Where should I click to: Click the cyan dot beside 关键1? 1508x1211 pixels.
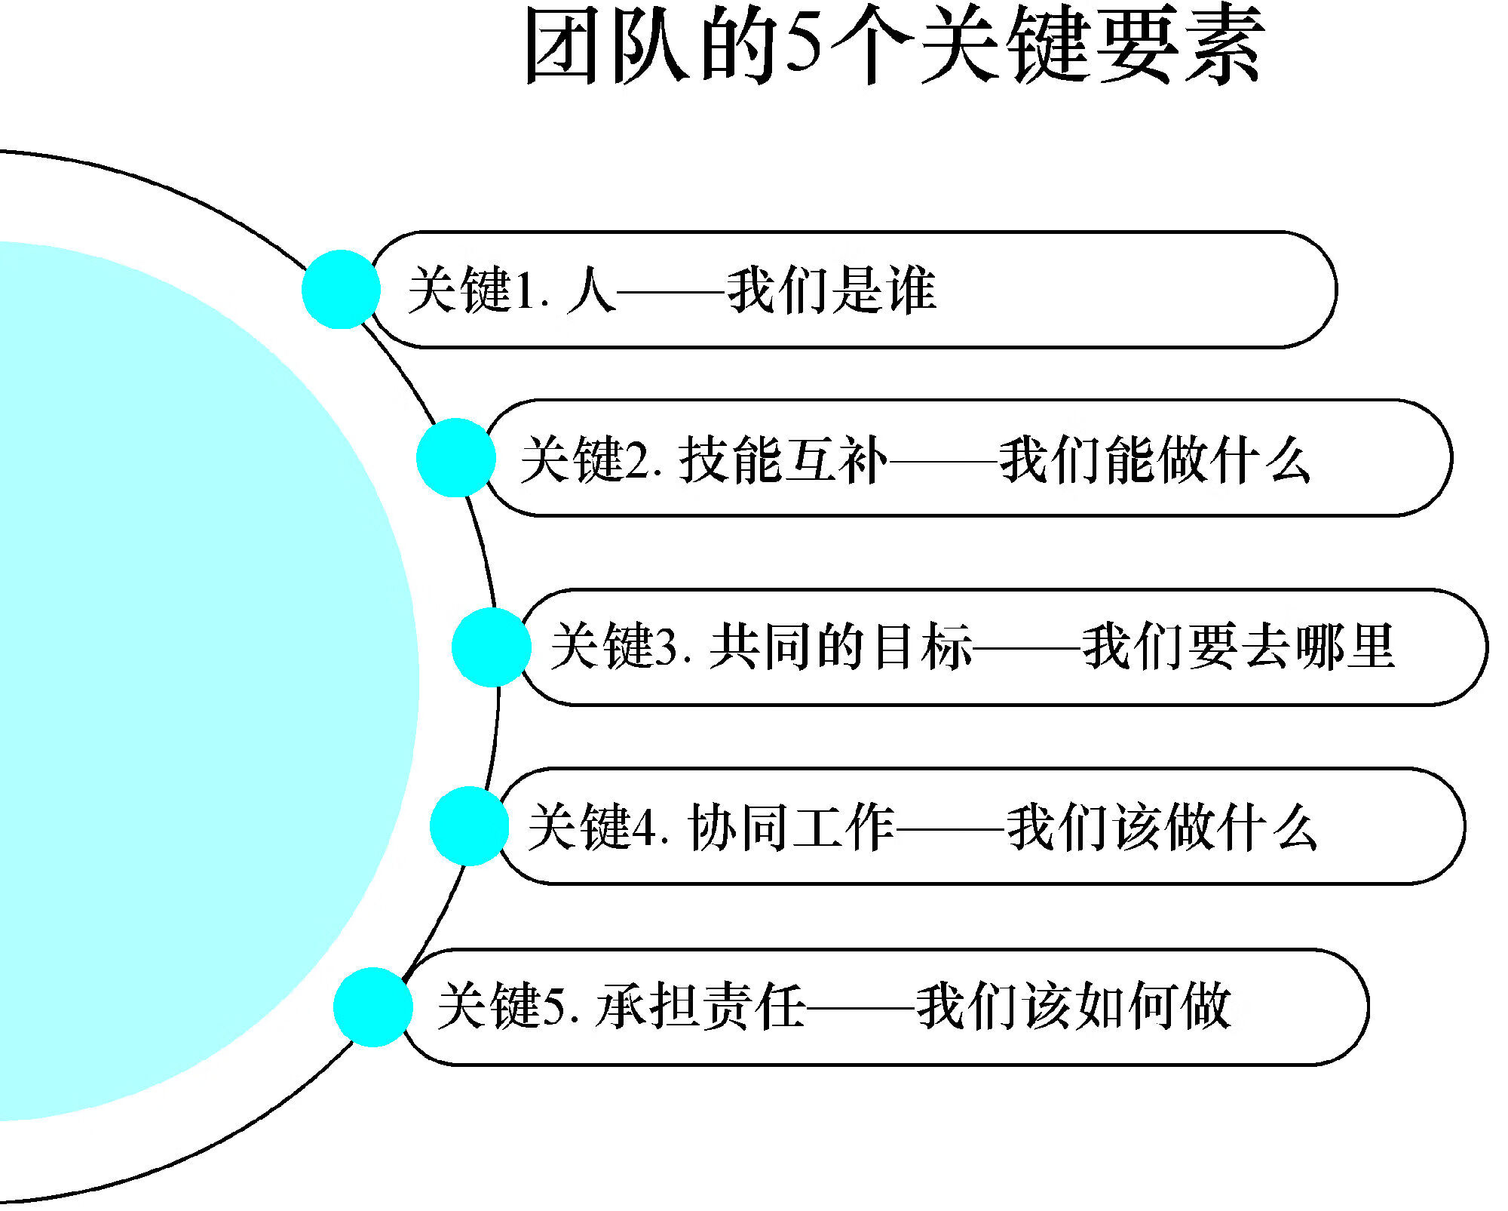tap(341, 290)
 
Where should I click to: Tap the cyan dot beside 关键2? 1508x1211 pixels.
tap(455, 458)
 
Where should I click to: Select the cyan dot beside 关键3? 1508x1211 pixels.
tap(491, 647)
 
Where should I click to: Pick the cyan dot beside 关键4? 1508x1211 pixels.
tap(469, 826)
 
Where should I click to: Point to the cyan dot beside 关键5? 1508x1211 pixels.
tap(372, 1007)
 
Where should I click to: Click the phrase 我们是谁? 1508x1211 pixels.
tap(831, 290)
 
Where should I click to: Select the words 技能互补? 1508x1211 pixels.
tap(783, 459)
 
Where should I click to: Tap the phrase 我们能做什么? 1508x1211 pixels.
tap(1154, 459)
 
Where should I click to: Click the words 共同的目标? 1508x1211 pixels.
tap(840, 647)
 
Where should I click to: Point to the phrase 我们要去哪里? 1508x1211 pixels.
tap(1238, 647)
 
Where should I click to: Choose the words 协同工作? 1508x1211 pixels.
tap(791, 827)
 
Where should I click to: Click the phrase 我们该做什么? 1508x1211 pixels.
tap(1162, 827)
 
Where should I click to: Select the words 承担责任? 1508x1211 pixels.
tap(700, 1006)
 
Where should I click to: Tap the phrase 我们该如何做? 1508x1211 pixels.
tap(1073, 1006)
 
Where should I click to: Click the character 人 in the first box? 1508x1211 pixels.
tap(591, 290)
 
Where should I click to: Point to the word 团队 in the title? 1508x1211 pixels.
tap(608, 45)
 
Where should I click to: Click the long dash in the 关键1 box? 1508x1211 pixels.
tap(670, 290)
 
